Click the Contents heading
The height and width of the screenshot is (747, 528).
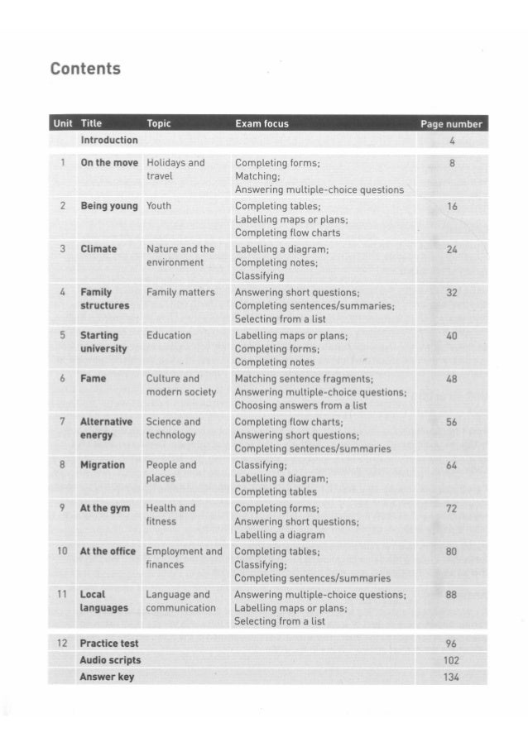(85, 69)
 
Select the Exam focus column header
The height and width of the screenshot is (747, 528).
(262, 123)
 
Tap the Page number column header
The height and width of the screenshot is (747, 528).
(451, 124)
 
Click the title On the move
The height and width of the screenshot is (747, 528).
(109, 163)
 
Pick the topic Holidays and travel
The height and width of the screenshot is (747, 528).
(175, 170)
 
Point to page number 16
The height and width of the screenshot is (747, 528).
(451, 206)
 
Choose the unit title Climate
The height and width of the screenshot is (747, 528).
(98, 249)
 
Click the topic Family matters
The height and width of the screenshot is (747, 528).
(180, 292)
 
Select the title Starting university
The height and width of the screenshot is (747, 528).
(103, 342)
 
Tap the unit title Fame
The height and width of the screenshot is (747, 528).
(93, 378)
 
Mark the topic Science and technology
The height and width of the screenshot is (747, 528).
(173, 428)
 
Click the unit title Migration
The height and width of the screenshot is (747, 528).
(103, 465)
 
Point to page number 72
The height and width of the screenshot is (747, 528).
(451, 508)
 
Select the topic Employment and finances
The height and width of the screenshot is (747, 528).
(184, 558)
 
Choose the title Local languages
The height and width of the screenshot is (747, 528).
(103, 601)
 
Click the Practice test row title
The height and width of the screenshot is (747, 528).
(109, 643)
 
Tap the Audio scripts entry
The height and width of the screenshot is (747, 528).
(110, 660)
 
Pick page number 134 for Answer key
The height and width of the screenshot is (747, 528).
(451, 677)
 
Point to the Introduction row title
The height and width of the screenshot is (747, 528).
(109, 140)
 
